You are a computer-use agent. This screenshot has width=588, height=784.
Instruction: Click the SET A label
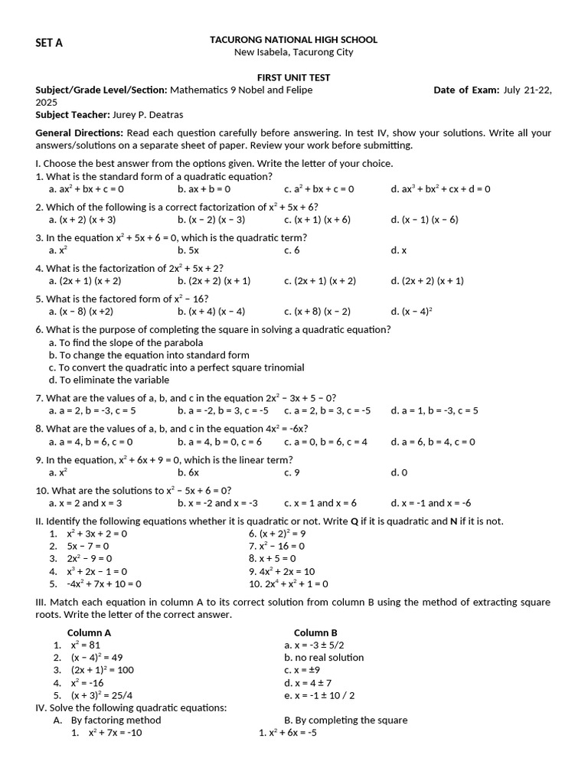[49, 43]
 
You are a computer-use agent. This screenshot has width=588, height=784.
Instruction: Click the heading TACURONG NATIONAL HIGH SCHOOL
[293, 40]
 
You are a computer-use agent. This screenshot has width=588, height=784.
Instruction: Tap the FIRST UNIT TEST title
[293, 78]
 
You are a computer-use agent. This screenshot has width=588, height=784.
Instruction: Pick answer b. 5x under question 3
[188, 250]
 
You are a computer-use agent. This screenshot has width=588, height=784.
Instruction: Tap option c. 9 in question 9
[292, 472]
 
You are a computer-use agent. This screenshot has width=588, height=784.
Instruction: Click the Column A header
[90, 633]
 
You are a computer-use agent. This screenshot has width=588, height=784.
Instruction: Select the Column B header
[315, 633]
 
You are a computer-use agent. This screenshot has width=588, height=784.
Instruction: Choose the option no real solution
[324, 658]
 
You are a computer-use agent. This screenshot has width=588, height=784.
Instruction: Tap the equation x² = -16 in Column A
[87, 683]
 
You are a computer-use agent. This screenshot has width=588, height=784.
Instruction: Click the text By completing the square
[345, 720]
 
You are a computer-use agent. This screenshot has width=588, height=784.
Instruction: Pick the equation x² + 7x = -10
[115, 733]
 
